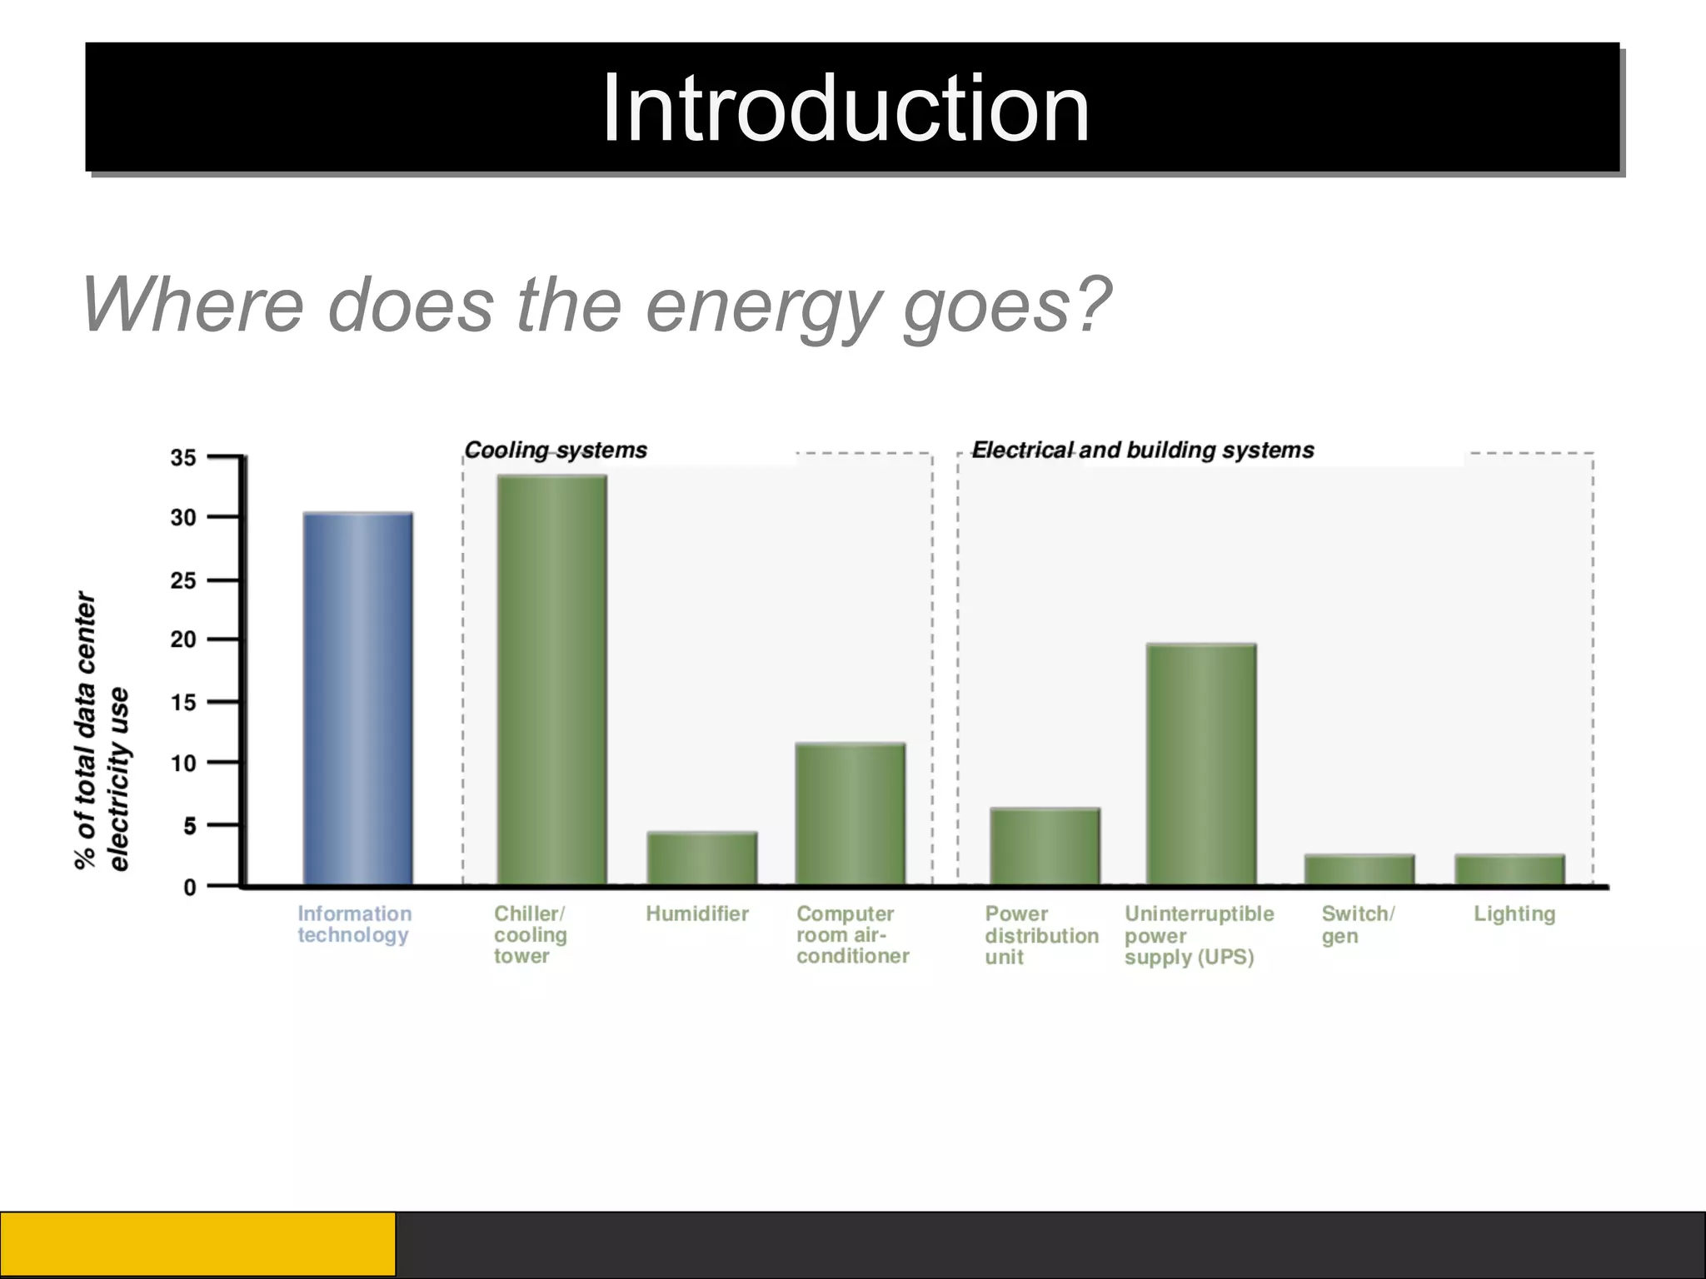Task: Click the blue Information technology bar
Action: pos(357,699)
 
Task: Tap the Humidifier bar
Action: pos(701,858)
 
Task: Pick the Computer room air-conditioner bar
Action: pos(850,814)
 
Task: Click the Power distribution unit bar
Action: pos(1045,847)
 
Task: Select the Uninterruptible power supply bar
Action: pos(1200,764)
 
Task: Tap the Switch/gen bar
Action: pos(1359,870)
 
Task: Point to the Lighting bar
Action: pos(1509,870)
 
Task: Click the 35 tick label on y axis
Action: pos(183,457)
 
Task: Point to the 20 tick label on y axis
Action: pos(183,639)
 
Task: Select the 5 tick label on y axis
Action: pos(190,826)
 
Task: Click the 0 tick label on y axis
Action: pos(190,888)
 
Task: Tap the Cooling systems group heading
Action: pos(556,450)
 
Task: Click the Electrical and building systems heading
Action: pos(1143,450)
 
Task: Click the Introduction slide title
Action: pos(845,108)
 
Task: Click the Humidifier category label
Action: pos(697,914)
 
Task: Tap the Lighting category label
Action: pos(1514,914)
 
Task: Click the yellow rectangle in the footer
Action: pos(197,1245)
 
